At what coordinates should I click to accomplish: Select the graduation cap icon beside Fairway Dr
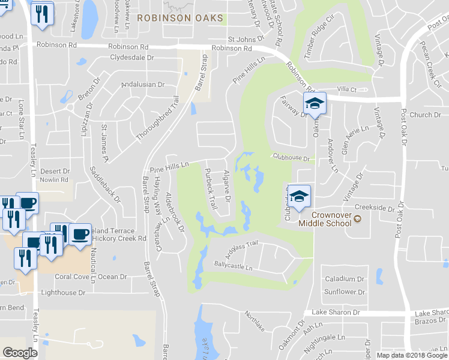pos(314,103)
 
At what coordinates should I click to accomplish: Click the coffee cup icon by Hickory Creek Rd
pos(80,233)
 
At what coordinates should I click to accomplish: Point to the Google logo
pos(20,352)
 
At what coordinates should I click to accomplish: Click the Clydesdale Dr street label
pos(137,58)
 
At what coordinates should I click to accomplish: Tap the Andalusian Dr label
pos(143,85)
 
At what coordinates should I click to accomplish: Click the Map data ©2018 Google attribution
pos(411,355)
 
